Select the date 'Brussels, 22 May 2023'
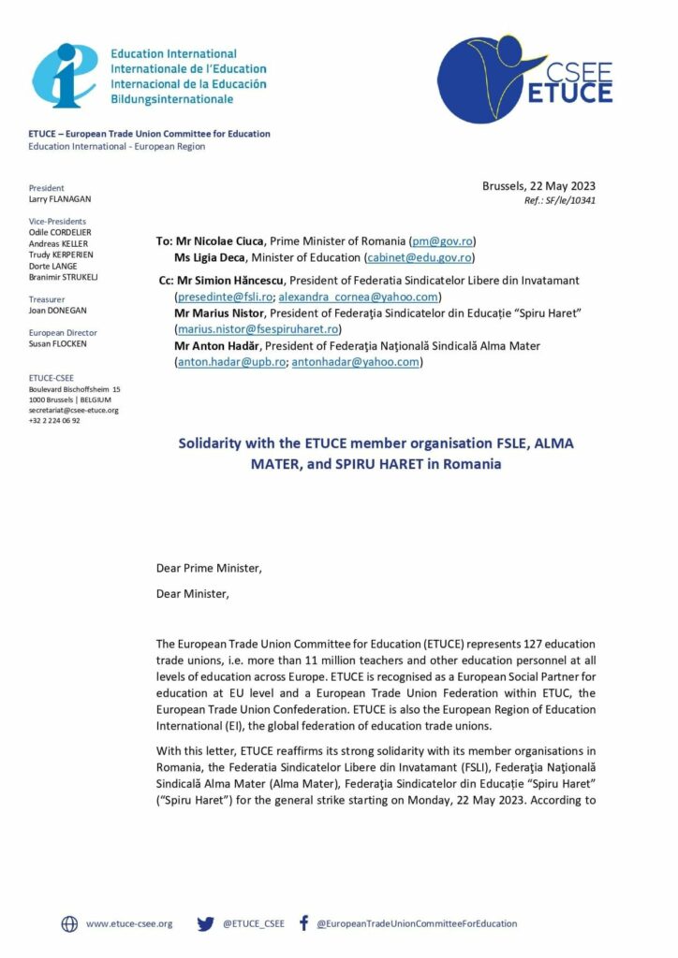(538, 186)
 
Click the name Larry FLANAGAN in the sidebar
(60, 199)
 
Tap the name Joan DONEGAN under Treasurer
(58, 310)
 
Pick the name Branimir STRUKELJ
(64, 277)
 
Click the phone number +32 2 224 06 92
(54, 420)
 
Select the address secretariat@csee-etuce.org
(74, 410)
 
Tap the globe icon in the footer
(69, 923)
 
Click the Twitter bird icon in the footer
(205, 923)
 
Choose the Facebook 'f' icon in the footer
(303, 922)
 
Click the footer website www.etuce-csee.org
(129, 923)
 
